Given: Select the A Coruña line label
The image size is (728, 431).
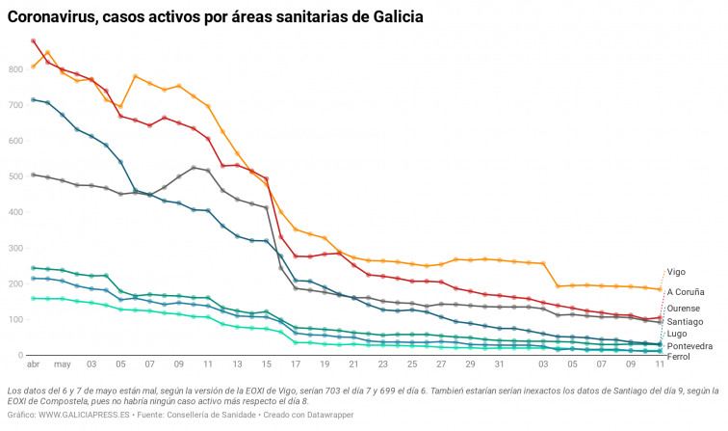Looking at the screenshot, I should point(685,291).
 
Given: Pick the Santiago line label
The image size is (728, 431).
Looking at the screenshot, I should point(684,321).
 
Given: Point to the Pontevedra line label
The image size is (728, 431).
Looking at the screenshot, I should point(689,345).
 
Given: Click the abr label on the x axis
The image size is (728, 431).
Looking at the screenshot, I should point(33,365).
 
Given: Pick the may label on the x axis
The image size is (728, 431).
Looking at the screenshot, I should point(62,365).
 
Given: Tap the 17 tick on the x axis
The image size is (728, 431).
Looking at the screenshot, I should point(296,365).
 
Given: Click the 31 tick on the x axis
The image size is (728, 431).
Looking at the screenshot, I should point(499,365).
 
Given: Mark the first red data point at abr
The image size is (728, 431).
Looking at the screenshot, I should point(34,41).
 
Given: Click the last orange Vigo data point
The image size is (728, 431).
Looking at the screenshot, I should point(660,289).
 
